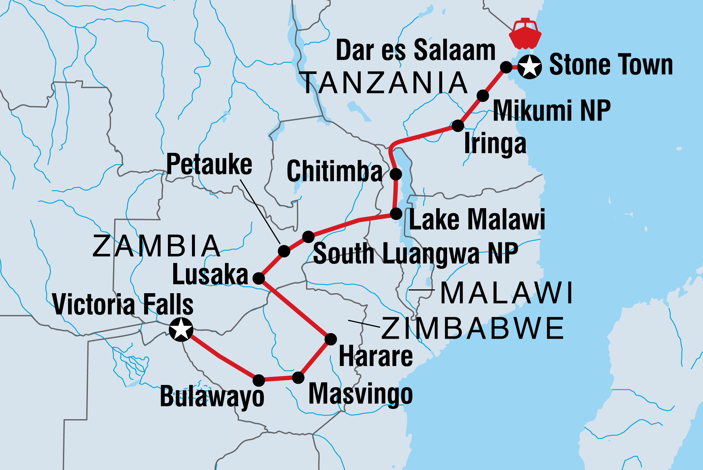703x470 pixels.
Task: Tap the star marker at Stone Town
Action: pos(529,67)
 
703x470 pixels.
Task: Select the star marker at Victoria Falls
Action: pos(181,329)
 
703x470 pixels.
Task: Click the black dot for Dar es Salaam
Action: pos(506,67)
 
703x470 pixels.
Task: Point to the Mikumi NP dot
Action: pos(483,96)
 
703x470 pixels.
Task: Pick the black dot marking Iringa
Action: pos(458,126)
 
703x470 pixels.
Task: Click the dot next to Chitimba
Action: pos(396,174)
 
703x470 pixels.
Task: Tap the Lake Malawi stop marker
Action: pos(396,214)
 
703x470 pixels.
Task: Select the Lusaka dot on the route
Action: pos(259,278)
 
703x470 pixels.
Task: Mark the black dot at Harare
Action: pos(331,339)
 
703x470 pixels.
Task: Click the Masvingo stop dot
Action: pos(298,378)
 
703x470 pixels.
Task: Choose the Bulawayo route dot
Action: pos(259,380)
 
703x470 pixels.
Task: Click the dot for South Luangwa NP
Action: pos(308,237)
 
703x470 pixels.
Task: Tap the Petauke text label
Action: pos(209,164)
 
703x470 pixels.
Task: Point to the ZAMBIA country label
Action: pos(156,246)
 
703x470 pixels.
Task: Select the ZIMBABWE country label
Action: pos(473,328)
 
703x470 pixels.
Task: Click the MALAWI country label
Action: pos(507,293)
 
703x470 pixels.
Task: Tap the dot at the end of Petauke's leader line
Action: pos(284,251)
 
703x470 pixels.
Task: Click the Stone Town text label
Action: pos(611,65)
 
